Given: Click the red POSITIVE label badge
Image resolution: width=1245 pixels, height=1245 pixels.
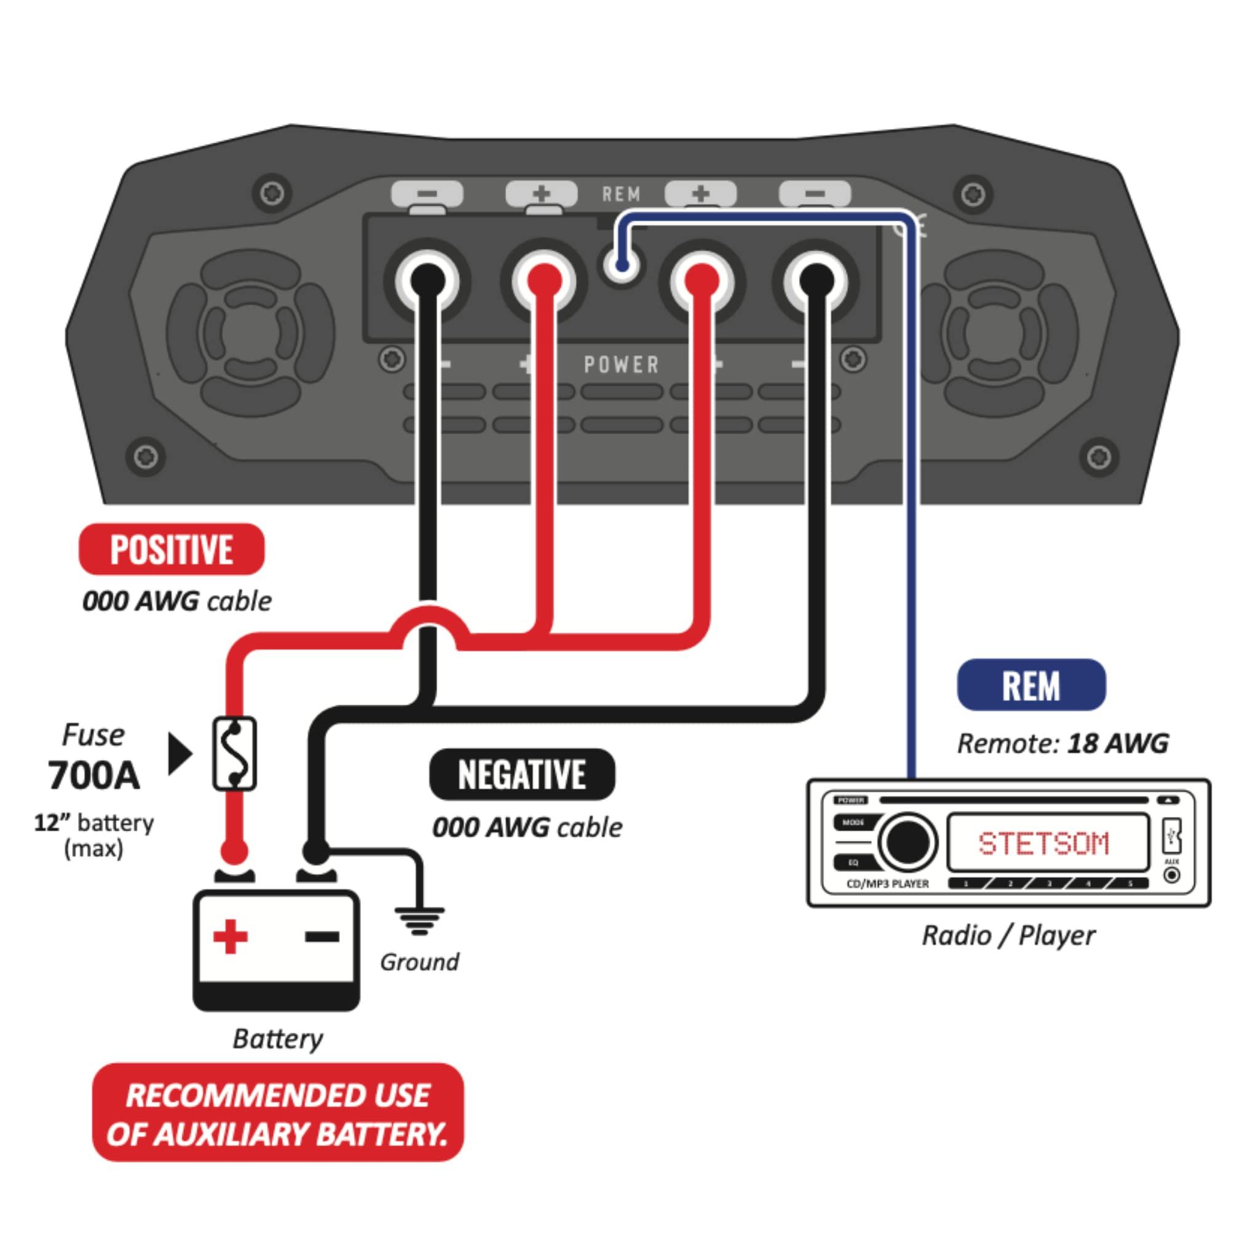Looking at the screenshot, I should click(x=172, y=549).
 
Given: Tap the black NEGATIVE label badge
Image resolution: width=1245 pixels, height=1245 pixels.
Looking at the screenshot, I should click(x=522, y=774).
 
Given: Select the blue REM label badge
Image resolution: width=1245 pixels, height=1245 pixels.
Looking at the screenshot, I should click(x=1031, y=685).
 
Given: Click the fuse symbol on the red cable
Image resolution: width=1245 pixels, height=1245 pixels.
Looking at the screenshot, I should click(x=235, y=754).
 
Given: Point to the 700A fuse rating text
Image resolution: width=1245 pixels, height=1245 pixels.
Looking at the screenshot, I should click(x=93, y=776).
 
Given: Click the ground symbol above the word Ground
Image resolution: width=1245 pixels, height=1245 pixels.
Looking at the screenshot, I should click(x=419, y=920).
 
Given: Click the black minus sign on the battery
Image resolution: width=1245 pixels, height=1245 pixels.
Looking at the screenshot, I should click(x=322, y=936).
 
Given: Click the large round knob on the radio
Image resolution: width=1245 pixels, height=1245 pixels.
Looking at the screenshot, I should click(x=909, y=842).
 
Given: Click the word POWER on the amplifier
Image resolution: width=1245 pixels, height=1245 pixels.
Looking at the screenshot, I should click(x=622, y=365).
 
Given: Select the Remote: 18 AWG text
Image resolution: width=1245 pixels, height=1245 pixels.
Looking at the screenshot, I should click(x=1062, y=744).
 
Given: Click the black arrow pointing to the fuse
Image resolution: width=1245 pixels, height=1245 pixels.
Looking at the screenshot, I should click(x=180, y=753).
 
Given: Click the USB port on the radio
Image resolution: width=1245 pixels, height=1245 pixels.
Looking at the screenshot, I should click(x=1172, y=837).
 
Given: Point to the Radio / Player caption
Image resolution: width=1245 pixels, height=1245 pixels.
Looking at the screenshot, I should click(x=1008, y=935).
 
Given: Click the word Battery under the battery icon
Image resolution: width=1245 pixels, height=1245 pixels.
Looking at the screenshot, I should click(x=278, y=1038).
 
